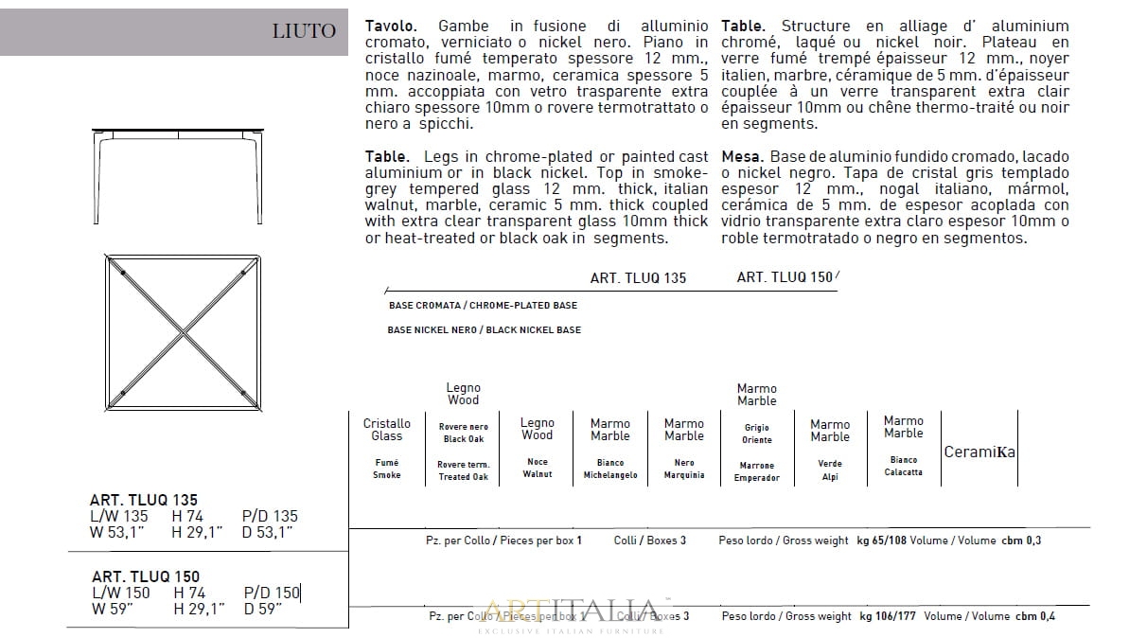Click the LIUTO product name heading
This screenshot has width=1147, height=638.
[x=304, y=31]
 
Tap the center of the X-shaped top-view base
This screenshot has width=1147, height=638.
[x=183, y=333]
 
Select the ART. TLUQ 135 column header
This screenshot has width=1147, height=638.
[x=638, y=278]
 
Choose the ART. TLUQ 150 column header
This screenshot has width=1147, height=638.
[x=785, y=277]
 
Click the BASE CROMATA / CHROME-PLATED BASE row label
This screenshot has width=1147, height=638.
[x=483, y=306]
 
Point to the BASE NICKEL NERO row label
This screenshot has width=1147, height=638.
[x=485, y=330]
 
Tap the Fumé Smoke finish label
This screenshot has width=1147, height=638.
[x=386, y=469]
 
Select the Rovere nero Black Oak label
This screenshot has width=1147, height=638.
[x=463, y=433]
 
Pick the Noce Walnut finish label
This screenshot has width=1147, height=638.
[x=537, y=468]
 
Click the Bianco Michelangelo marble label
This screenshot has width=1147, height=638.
[x=610, y=470]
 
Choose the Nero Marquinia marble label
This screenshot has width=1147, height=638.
[x=683, y=470]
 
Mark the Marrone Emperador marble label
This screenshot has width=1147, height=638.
[x=756, y=471]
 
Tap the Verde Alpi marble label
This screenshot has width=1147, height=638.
[x=829, y=470]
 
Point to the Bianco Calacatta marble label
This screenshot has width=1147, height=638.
[x=903, y=466]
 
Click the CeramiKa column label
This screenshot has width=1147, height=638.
[x=979, y=452]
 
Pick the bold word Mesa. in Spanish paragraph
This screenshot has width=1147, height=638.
[x=742, y=156]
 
